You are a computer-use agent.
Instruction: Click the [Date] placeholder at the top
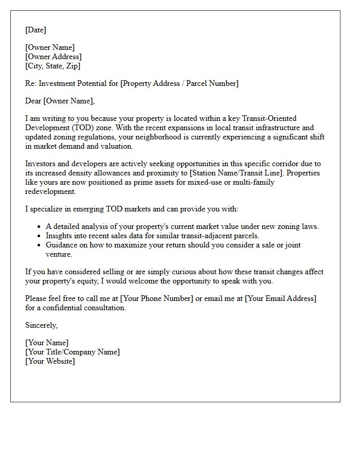coord(35,30)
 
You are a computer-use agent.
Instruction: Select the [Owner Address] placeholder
coord(53,57)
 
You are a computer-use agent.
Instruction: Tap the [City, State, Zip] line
coord(53,66)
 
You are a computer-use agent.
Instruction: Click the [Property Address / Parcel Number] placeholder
coord(179,83)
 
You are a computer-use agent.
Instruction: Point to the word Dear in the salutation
coord(33,101)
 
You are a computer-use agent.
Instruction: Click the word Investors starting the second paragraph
coord(41,164)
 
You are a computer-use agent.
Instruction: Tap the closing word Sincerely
coord(41,325)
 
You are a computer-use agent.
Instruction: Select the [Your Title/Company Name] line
coord(73,352)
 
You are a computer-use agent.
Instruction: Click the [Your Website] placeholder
coord(50,361)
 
